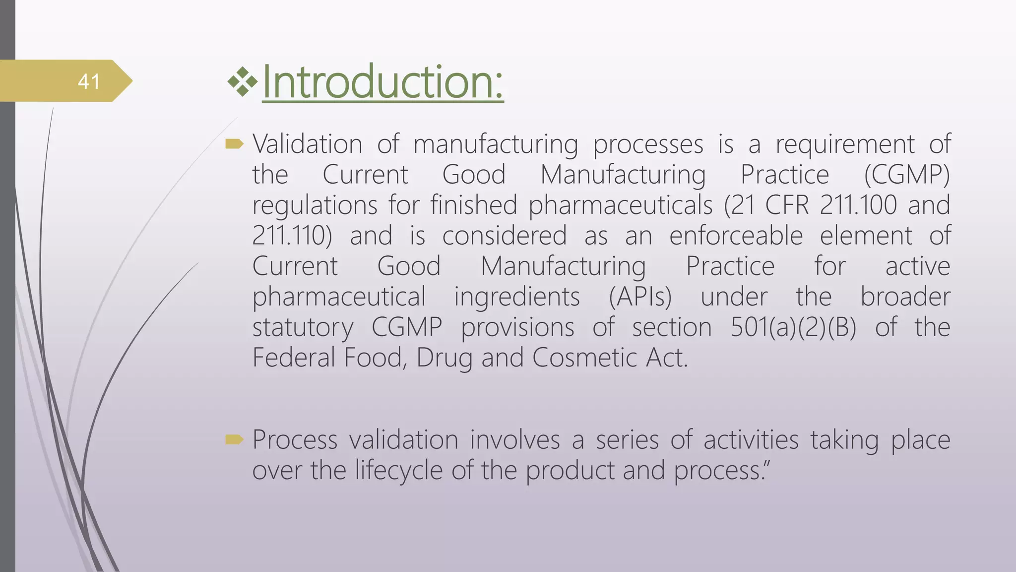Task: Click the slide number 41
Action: coord(89,81)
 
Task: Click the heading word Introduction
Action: coord(382,82)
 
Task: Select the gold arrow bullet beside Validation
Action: coord(234,144)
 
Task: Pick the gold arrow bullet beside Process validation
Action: coord(234,439)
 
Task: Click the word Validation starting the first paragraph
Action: coord(307,144)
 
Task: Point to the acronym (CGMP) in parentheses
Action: coord(906,175)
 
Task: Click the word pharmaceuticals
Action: coord(620,205)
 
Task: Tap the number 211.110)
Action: coord(292,236)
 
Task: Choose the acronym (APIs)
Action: coord(640,297)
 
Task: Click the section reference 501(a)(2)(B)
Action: coord(793,328)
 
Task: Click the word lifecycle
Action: coord(398,470)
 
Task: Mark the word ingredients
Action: coord(517,297)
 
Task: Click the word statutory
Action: coord(303,328)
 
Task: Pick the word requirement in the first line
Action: coord(845,144)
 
